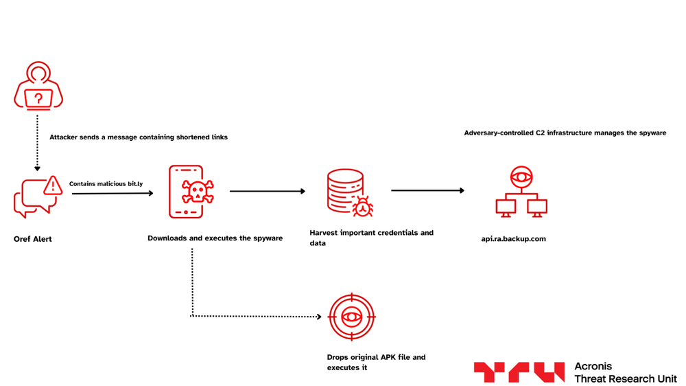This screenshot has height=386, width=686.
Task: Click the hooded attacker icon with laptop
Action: (38, 86)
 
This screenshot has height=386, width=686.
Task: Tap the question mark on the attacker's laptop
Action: (38, 98)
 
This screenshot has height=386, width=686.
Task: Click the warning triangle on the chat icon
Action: (52, 185)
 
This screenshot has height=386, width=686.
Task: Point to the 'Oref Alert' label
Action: (33, 239)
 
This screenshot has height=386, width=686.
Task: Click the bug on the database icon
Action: (362, 205)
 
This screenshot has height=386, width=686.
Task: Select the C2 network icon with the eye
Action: (521, 192)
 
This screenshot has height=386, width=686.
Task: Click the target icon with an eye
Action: (352, 317)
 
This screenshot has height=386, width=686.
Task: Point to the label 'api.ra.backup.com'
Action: (513, 239)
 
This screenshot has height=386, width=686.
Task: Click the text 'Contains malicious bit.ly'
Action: (106, 184)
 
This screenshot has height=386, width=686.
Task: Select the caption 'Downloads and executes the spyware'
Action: (215, 238)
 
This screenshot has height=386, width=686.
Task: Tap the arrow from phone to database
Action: (268, 192)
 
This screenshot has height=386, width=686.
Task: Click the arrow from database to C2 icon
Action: (427, 191)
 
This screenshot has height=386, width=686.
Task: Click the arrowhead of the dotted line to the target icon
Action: (318, 317)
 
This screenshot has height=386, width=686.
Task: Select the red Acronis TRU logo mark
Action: (519, 372)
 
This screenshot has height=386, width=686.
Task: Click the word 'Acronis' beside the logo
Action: (593, 366)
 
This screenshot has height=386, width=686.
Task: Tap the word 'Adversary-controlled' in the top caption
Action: (499, 133)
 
